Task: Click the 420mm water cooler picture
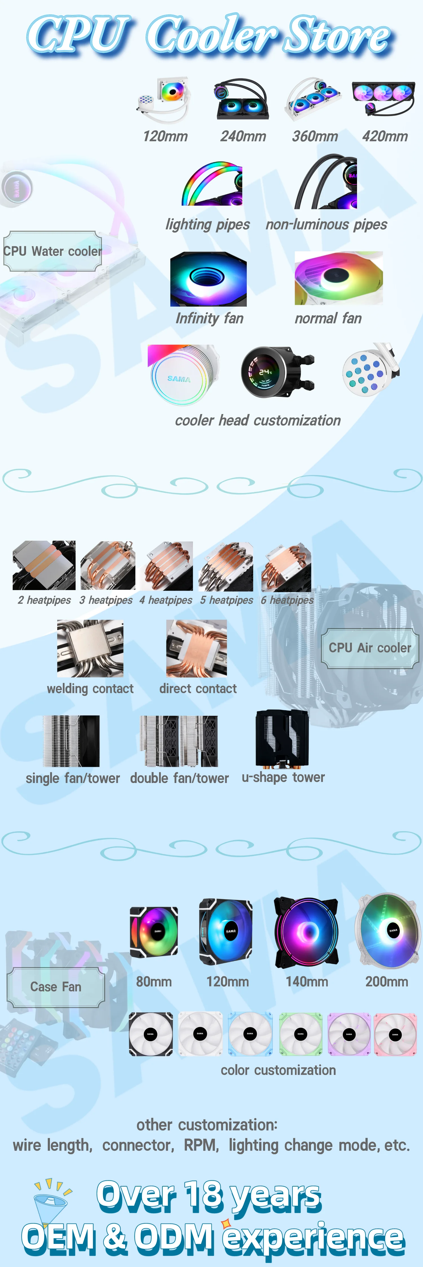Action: click(x=383, y=98)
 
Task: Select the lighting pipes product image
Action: click(x=212, y=183)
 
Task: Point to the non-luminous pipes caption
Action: click(x=326, y=225)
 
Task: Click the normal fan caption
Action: click(x=328, y=319)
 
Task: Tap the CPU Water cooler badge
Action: click(x=53, y=251)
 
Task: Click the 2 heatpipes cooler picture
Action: click(x=44, y=565)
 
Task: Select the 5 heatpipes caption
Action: click(x=226, y=600)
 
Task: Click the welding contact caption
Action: click(x=90, y=689)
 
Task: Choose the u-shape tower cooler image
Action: click(x=282, y=738)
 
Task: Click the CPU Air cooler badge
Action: click(x=370, y=648)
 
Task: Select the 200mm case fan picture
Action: click(x=387, y=930)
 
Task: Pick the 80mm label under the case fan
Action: click(x=153, y=982)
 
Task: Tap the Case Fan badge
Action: click(x=56, y=987)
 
